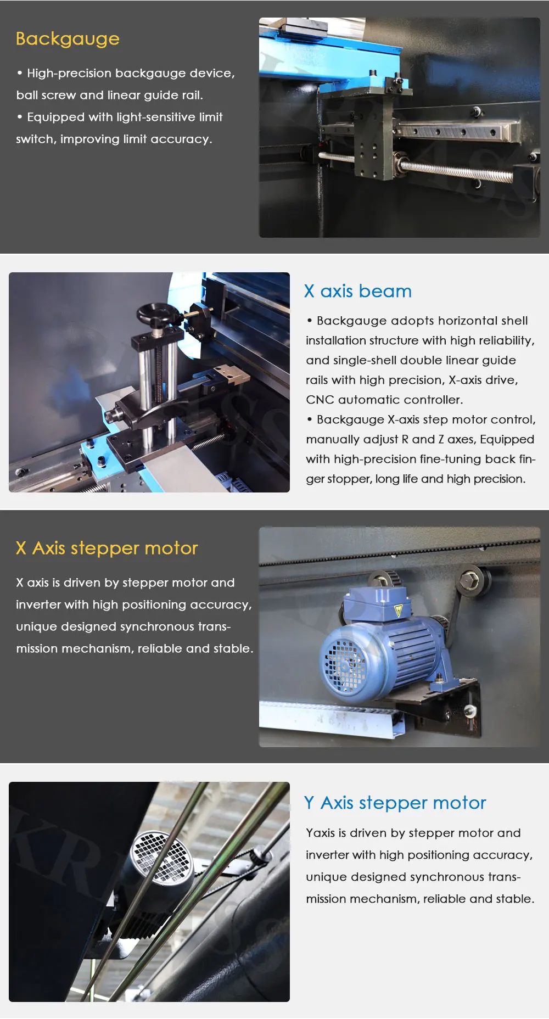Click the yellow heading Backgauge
[68, 39]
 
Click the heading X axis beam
[358, 291]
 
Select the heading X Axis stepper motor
[107, 548]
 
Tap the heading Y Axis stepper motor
[395, 803]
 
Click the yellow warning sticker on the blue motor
[399, 611]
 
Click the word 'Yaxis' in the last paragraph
[320, 833]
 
